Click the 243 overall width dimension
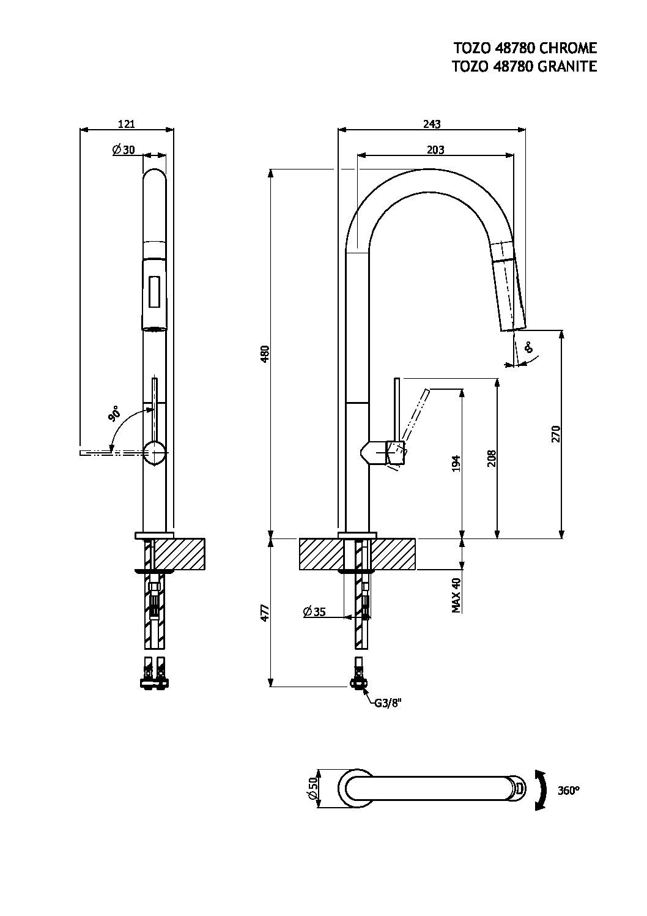click(x=432, y=124)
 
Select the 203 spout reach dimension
click(x=435, y=149)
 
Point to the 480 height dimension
click(x=265, y=354)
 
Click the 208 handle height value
click(x=492, y=459)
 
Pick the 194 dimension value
click(x=456, y=464)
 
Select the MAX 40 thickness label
click(x=456, y=595)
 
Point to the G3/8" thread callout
click(x=388, y=702)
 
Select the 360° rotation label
click(x=568, y=790)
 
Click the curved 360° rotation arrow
click(x=540, y=790)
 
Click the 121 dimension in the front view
click(x=126, y=124)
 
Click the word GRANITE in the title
click(x=566, y=67)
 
